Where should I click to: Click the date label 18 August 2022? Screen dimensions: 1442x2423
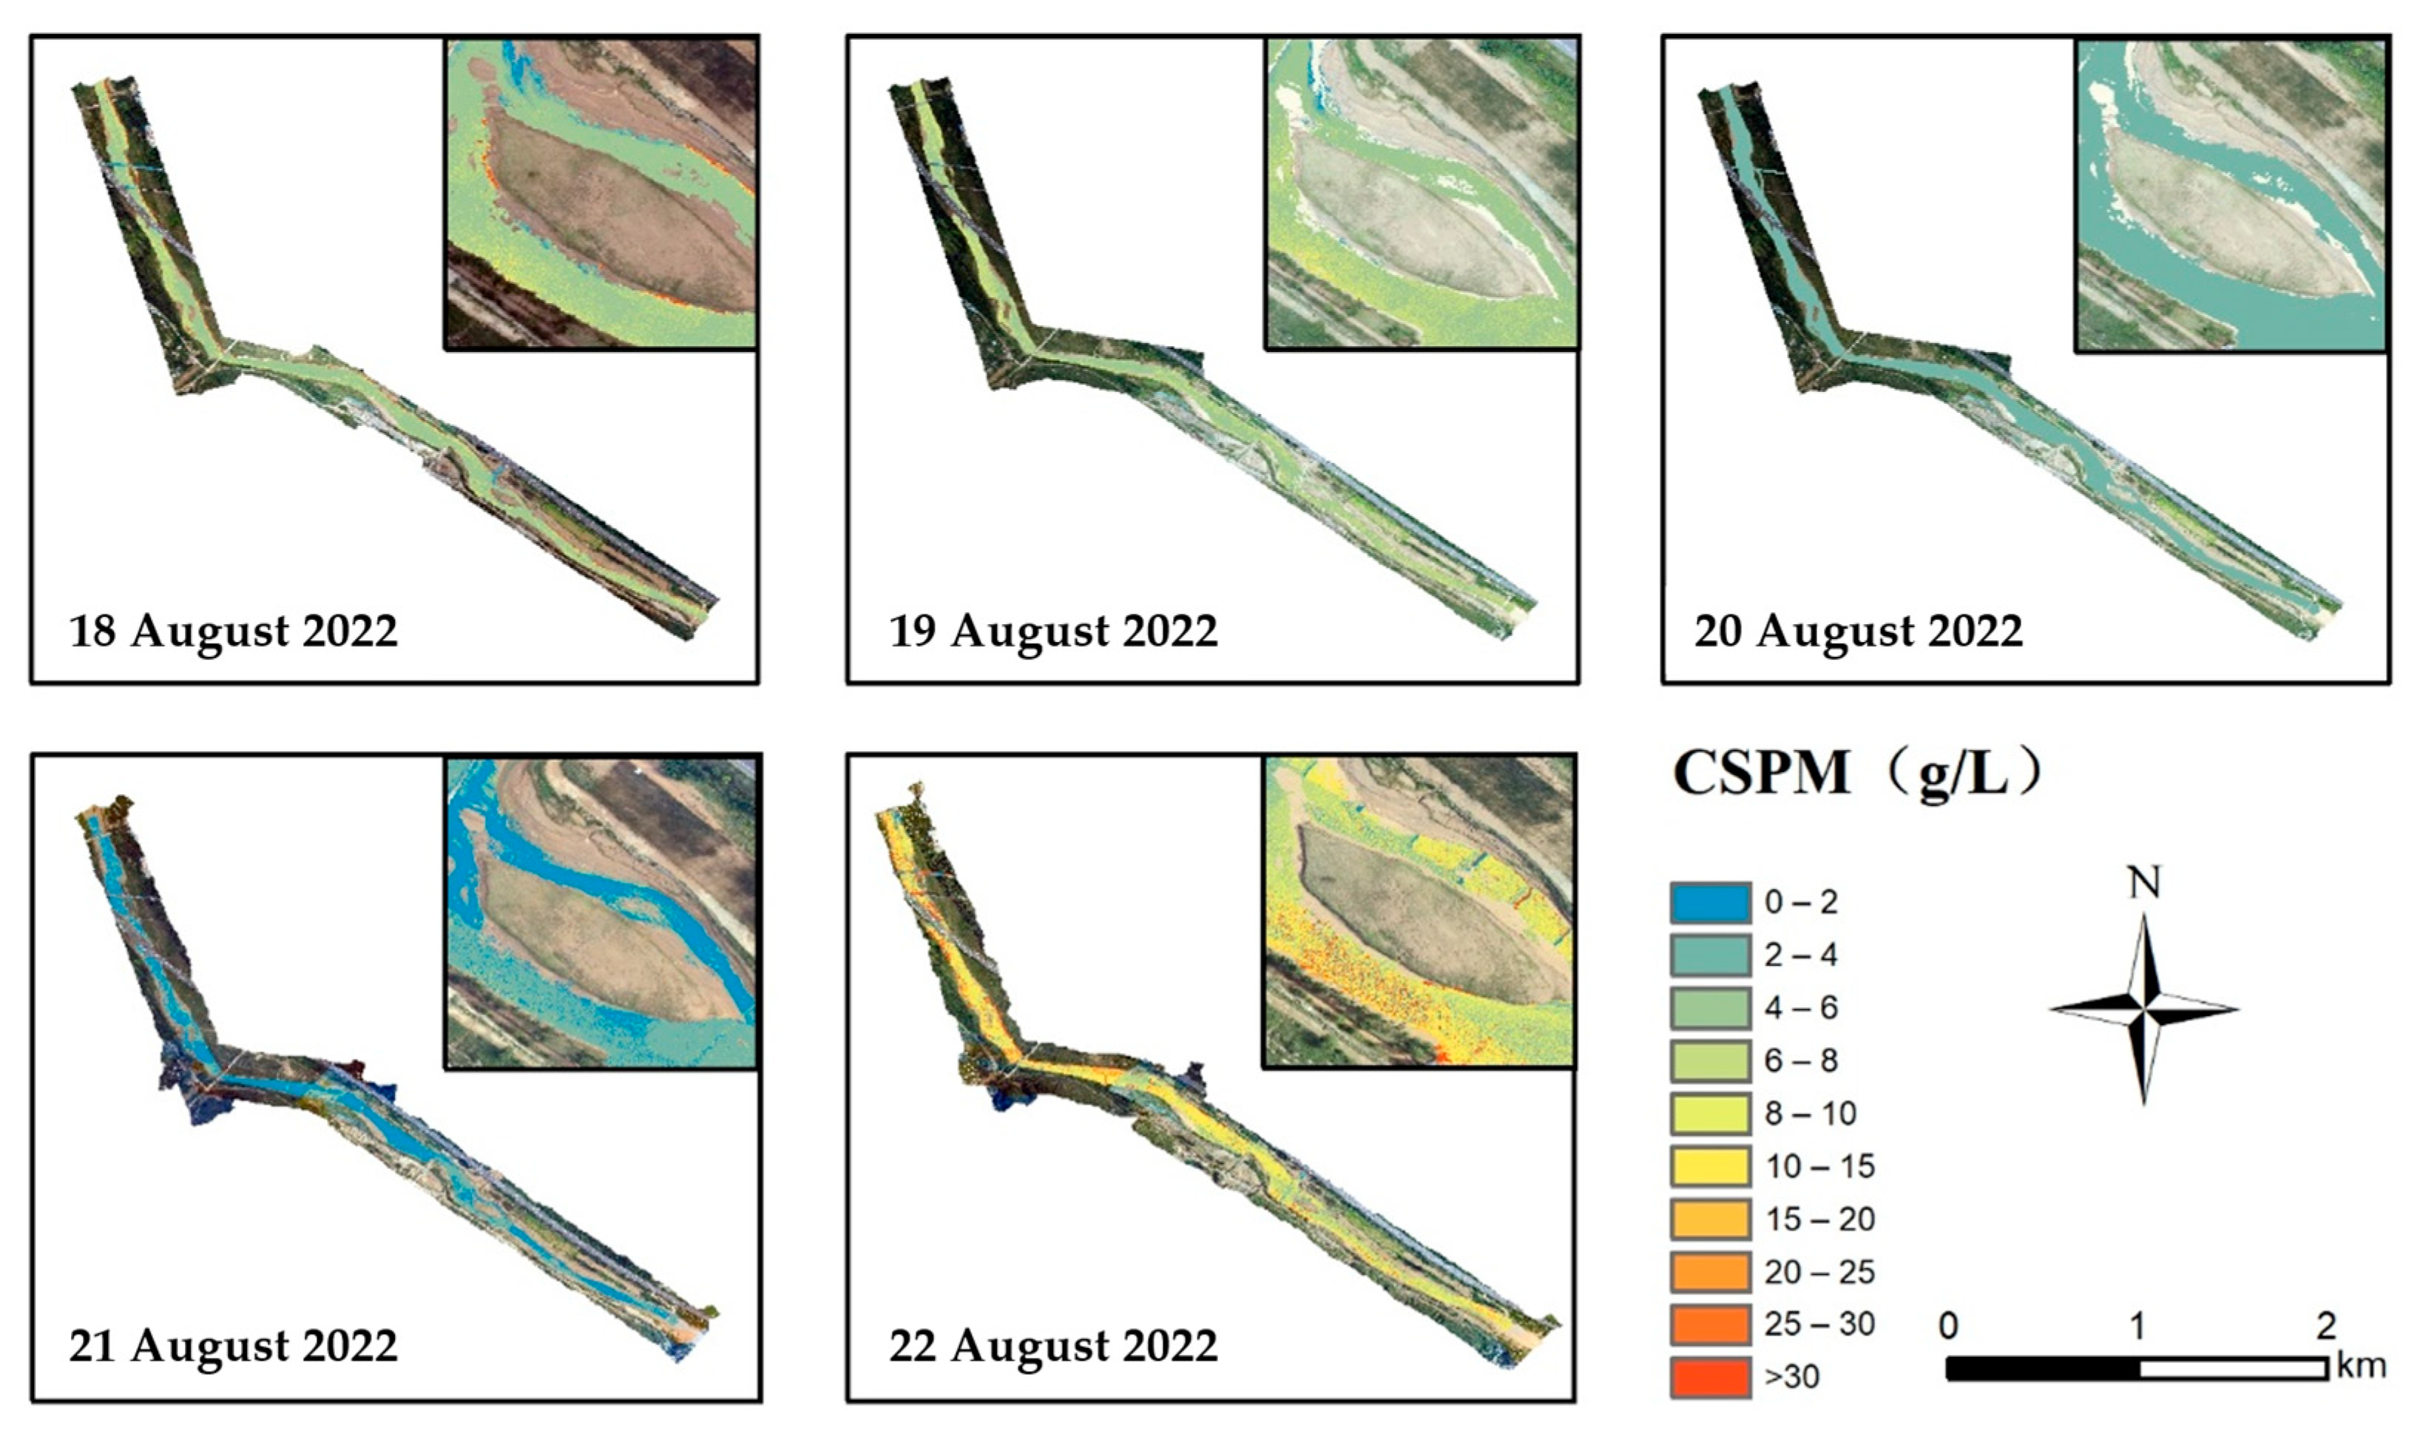(x=233, y=632)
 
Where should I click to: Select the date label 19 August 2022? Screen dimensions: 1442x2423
(x=1052, y=632)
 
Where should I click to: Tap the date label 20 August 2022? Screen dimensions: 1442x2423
(x=1859, y=632)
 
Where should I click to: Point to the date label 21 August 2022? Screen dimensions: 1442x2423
(x=233, y=1346)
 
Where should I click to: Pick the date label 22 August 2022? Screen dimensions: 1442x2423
(x=1052, y=1346)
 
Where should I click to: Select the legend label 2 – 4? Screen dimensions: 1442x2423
(x=1801, y=955)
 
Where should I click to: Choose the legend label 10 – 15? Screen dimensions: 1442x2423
(x=1819, y=1166)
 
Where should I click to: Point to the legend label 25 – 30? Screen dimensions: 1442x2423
(x=1819, y=1324)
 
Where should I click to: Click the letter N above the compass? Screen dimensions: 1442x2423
(x=2144, y=882)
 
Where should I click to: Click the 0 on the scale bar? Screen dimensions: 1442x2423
(x=1947, y=1325)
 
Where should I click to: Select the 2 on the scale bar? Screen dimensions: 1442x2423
(x=2325, y=1325)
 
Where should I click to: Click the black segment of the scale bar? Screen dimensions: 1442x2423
(x=2042, y=1368)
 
